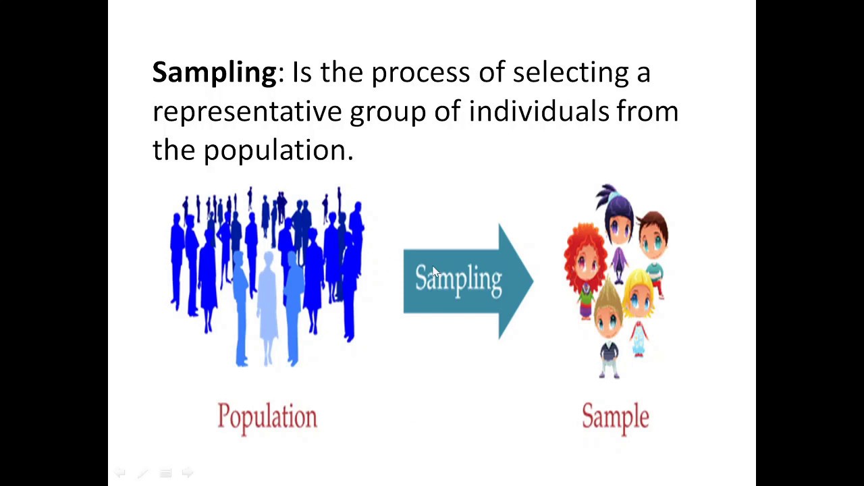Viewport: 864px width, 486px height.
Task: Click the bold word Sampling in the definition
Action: pyautogui.click(x=214, y=72)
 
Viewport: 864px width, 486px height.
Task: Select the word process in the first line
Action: pyautogui.click(x=420, y=72)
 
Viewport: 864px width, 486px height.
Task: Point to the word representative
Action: pyautogui.click(x=246, y=111)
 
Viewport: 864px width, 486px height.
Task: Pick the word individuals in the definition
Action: pyautogui.click(x=539, y=111)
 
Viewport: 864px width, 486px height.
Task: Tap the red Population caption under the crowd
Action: pyautogui.click(x=267, y=416)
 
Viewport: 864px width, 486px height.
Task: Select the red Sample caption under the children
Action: pyautogui.click(x=615, y=416)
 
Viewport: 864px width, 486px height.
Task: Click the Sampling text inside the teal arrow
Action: pyautogui.click(x=458, y=279)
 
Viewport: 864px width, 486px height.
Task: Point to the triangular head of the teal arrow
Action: pyautogui.click(x=516, y=281)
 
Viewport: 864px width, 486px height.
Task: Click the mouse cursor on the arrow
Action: pyautogui.click(x=435, y=272)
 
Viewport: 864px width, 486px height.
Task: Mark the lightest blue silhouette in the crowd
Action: pyautogui.click(x=268, y=304)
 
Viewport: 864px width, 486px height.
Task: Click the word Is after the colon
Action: pyautogui.click(x=301, y=72)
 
